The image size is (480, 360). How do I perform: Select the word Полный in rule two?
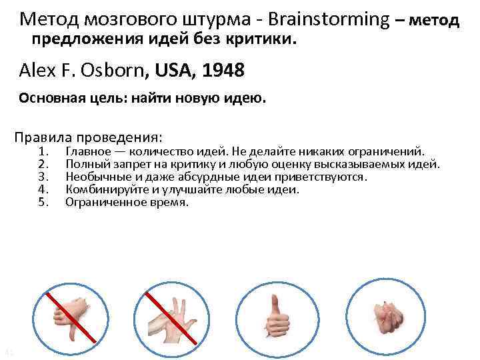point(84,164)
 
